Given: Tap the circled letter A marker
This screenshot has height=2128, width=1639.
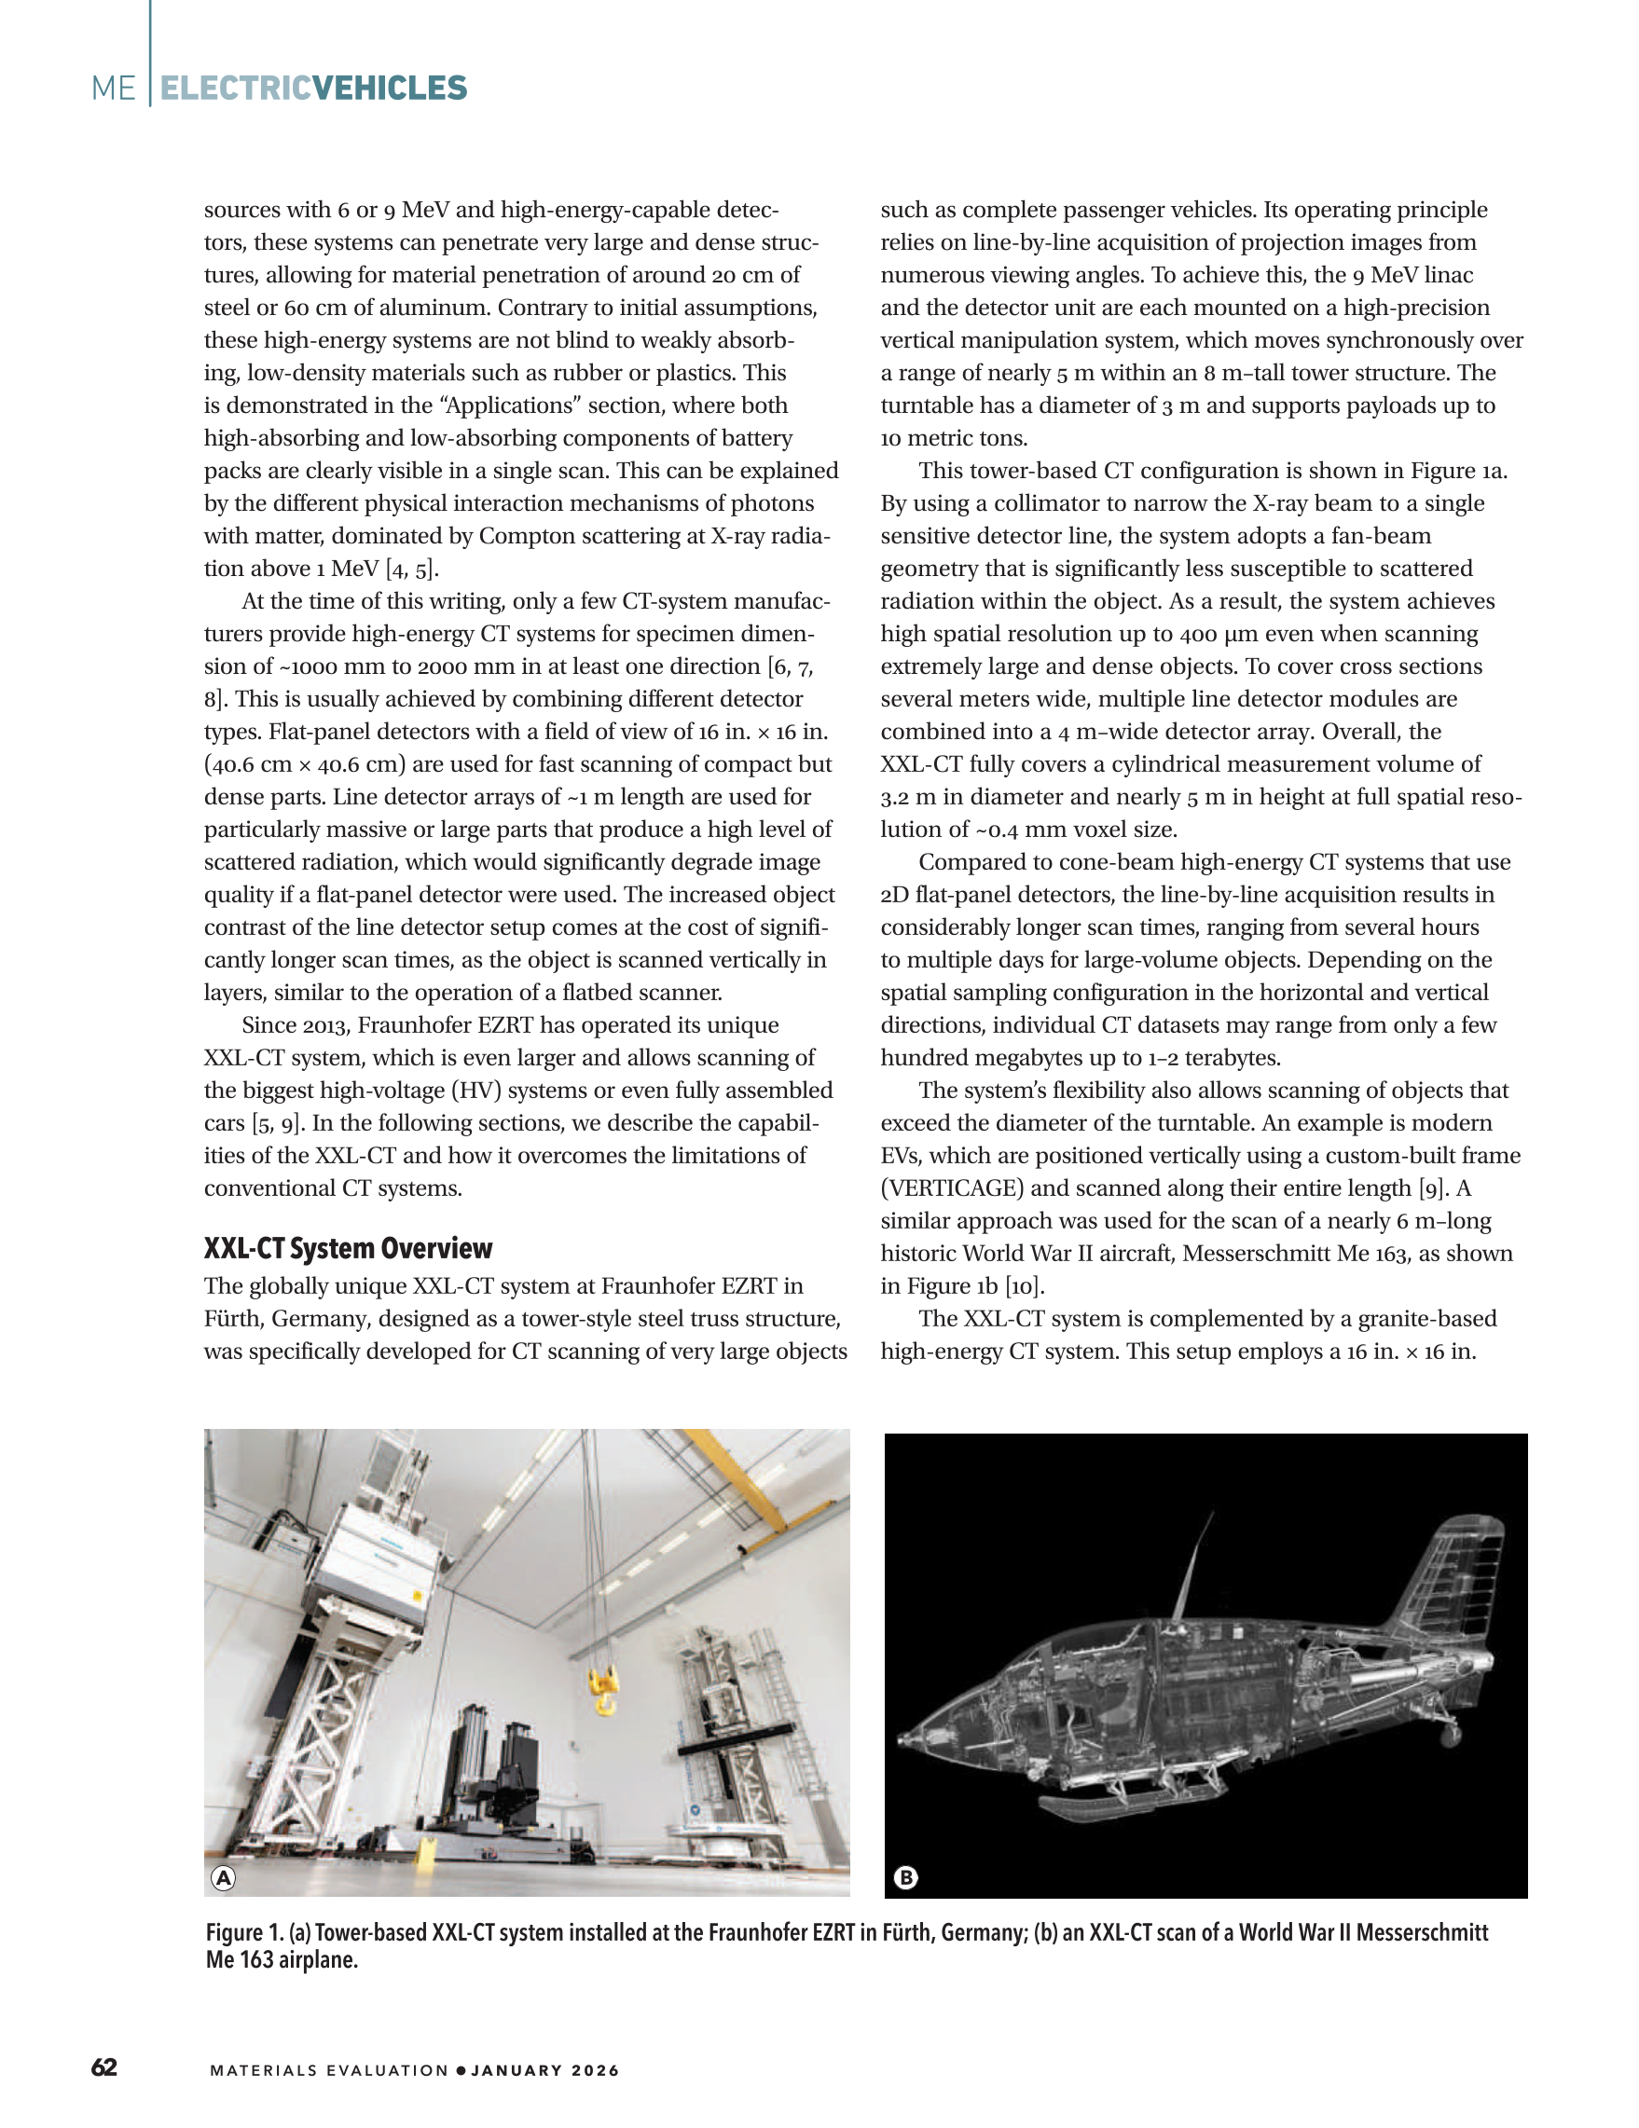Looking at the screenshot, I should coord(223,1877).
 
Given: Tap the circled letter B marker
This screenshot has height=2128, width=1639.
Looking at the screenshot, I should coord(905,1877).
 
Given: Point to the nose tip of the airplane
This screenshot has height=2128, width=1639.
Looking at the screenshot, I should coord(902,1739).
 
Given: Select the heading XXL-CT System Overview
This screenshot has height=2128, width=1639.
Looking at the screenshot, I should coord(348,1248).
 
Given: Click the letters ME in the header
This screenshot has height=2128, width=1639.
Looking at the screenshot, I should coord(113,89).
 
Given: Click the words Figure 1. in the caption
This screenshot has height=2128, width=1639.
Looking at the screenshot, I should coord(243,1932).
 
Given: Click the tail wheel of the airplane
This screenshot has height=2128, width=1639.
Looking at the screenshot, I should coord(1450,1735).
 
